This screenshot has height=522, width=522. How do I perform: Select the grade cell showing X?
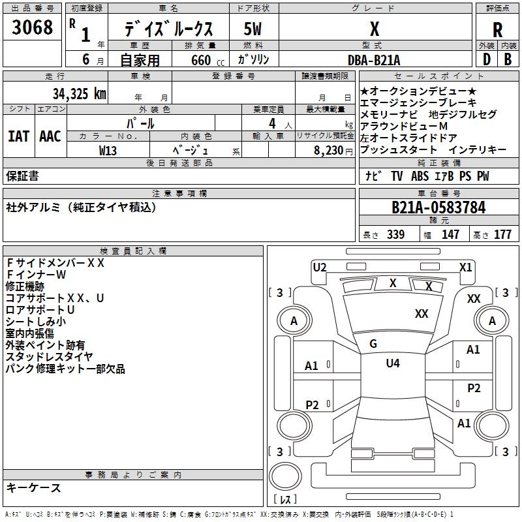[374, 29]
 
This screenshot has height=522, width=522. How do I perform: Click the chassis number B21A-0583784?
[438, 207]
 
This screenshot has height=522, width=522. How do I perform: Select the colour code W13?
[108, 149]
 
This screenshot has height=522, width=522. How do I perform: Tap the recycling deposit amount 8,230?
[329, 149]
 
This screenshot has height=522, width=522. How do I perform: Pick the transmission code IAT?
[18, 136]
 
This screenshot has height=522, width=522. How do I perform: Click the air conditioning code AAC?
[50, 136]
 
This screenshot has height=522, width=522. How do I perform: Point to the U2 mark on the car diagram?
[319, 267]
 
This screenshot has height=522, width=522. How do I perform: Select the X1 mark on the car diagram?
[466, 267]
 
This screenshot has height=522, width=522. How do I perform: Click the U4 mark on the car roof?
[393, 363]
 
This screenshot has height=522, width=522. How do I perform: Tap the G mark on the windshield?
[373, 344]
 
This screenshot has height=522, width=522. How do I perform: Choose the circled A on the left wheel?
[294, 321]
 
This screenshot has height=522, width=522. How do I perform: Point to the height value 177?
[502, 234]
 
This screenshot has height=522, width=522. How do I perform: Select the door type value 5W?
[253, 29]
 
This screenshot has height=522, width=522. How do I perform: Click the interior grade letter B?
[508, 59]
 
